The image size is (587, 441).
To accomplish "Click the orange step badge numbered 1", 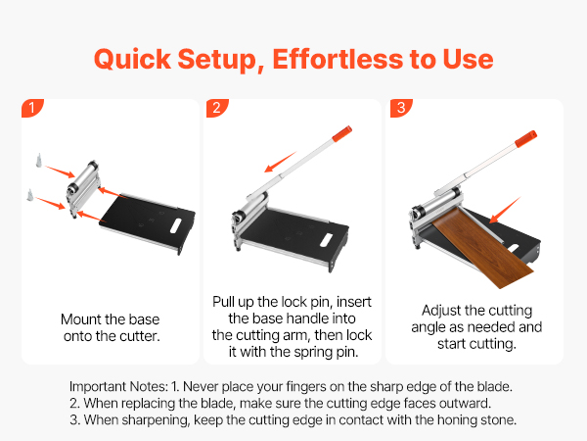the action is point(32,108).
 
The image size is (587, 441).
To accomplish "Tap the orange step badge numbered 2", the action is point(217,108).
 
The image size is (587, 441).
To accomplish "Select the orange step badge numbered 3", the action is point(401,108).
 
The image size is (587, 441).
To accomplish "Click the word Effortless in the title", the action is point(338,59).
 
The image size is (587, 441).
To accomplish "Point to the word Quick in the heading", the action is point(132,60).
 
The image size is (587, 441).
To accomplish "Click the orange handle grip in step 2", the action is point(342,133).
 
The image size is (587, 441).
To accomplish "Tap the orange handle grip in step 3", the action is point(526,139).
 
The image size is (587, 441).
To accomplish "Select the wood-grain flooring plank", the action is point(483,248).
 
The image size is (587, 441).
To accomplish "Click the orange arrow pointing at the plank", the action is point(505,210).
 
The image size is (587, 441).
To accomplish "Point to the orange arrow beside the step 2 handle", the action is point(281,162).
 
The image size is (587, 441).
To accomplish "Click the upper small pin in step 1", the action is point(38,160).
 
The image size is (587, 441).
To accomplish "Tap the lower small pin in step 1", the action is point(30,195).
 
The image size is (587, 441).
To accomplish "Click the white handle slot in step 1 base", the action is point(175,225).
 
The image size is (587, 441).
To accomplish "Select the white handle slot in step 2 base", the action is point(327,240).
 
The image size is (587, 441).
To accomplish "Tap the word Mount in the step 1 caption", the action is point(81,319).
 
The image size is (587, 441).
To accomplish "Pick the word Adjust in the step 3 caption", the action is point(440,311).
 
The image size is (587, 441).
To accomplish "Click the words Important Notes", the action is point(119,387).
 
